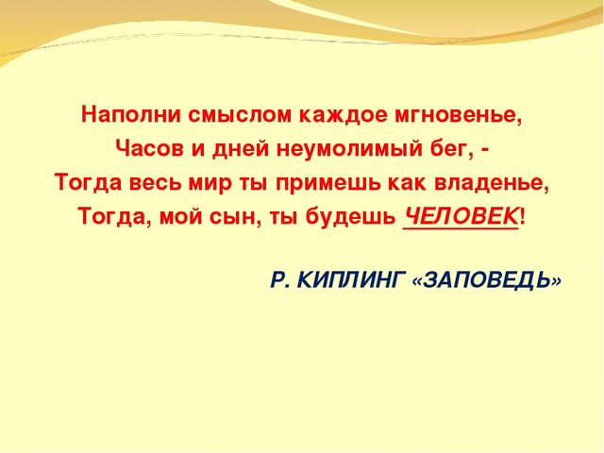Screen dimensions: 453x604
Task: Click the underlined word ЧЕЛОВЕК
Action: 461,215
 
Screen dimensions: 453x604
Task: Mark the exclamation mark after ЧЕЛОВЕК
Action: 523,215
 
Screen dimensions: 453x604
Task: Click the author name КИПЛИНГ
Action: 351,280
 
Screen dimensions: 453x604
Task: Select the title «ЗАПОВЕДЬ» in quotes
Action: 489,280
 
